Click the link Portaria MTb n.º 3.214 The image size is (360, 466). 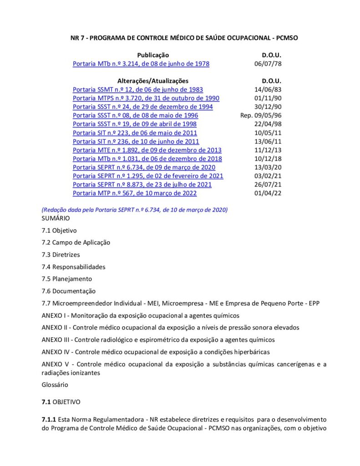(x=141, y=64)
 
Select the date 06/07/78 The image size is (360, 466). (x=268, y=64)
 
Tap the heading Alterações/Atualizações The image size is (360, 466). (x=153, y=81)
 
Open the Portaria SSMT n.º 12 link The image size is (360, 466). (x=138, y=90)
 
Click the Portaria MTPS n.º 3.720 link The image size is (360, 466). (x=146, y=98)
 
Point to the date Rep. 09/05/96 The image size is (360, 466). (x=261, y=116)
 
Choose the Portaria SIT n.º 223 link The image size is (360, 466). (x=135, y=133)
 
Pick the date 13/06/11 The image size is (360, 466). (x=268, y=142)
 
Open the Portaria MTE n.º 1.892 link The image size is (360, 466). (x=147, y=150)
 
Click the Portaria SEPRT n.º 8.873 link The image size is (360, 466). (x=142, y=185)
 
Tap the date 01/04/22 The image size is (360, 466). (x=268, y=193)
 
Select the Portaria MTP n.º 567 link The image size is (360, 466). (x=135, y=193)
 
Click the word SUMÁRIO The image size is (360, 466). (x=56, y=218)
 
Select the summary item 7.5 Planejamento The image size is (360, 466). (x=66, y=279)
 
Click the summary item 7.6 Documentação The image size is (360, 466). (x=68, y=291)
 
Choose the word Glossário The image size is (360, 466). (x=55, y=385)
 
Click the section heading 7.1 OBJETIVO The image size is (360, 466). (x=61, y=402)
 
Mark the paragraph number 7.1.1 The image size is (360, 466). (x=48, y=419)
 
